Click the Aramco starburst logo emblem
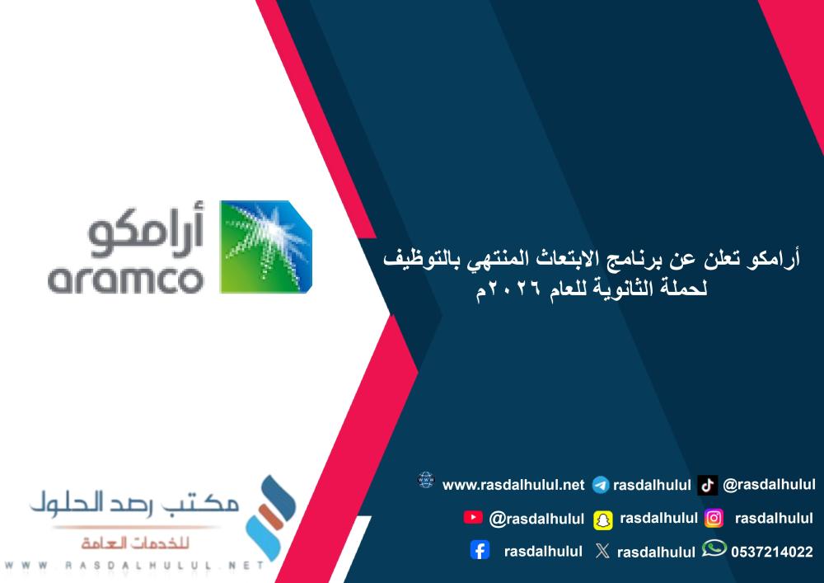pyautogui.click(x=265, y=246)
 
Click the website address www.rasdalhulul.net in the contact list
pyautogui.click(x=513, y=485)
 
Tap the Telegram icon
pyautogui.click(x=601, y=485)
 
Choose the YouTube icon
pyautogui.click(x=473, y=517)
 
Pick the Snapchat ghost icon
pyautogui.click(x=603, y=519)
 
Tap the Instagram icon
pyautogui.click(x=714, y=518)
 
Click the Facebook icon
pyautogui.click(x=480, y=550)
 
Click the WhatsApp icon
pyautogui.click(x=714, y=549)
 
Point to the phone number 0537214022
pyautogui.click(x=771, y=552)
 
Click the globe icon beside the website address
pyautogui.click(x=425, y=481)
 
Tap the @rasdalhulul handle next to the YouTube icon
pyautogui.click(x=536, y=519)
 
